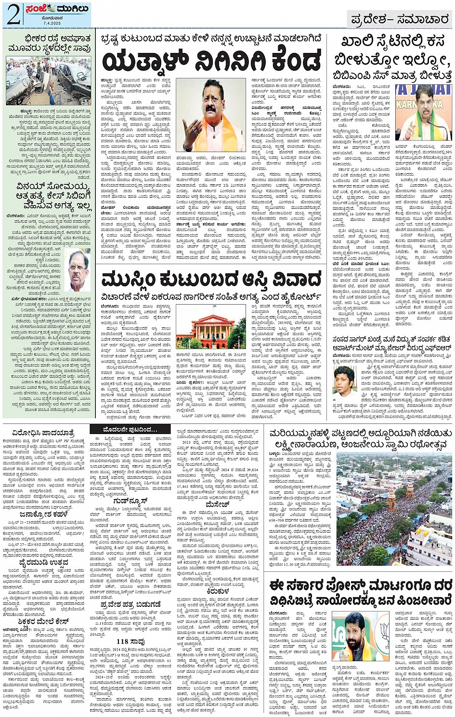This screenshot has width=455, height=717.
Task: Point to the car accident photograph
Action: click(x=48, y=80)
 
